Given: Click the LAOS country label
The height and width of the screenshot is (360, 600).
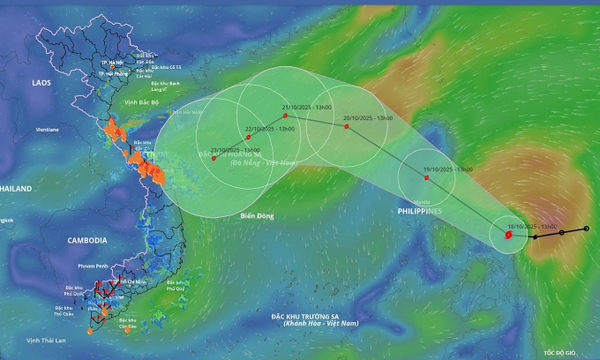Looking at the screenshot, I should (x=42, y=82).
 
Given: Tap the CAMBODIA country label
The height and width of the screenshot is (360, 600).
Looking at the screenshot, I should (x=87, y=240).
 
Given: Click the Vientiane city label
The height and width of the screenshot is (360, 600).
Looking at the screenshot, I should (x=48, y=130).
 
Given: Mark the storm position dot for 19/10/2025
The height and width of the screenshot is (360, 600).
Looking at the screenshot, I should (x=427, y=177).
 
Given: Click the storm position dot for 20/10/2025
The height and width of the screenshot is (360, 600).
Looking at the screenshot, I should (x=347, y=126).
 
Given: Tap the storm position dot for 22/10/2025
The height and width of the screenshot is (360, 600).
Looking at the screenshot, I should (x=249, y=137).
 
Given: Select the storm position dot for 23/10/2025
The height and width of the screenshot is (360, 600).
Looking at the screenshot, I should (x=214, y=158).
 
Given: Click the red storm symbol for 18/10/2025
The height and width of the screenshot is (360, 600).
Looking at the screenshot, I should (x=509, y=235).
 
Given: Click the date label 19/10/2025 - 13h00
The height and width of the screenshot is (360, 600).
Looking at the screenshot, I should (x=448, y=169).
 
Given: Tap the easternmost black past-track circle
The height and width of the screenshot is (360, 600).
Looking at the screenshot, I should (x=586, y=229).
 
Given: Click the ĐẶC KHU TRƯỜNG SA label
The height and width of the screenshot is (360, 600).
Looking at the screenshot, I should (x=321, y=316).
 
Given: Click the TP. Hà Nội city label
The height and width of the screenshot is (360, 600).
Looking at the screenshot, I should (x=111, y=62).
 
